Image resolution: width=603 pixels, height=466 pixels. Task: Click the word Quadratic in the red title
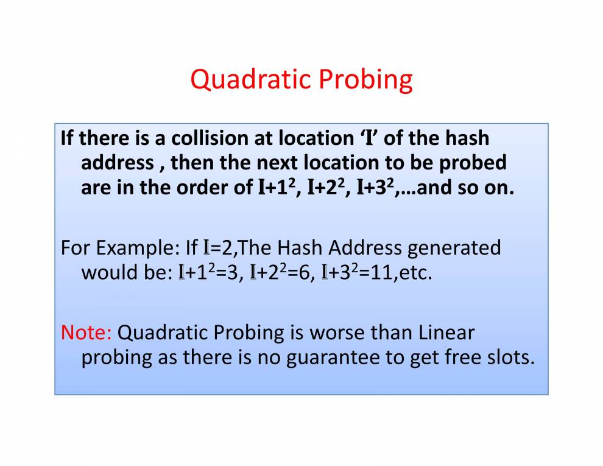pyautogui.click(x=250, y=80)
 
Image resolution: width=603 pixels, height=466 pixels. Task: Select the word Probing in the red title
pyautogui.click(x=365, y=80)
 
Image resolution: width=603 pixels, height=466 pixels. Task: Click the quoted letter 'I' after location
pyautogui.click(x=369, y=138)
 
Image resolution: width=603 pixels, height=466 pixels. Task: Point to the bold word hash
pyautogui.click(x=467, y=138)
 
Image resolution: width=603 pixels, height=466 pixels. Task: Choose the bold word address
pyautogui.click(x=118, y=163)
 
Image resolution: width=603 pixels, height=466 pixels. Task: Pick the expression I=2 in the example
pyautogui.click(x=218, y=248)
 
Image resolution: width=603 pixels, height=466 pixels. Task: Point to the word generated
pyautogui.click(x=454, y=248)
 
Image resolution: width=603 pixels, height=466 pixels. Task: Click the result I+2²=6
pyautogui.click(x=280, y=272)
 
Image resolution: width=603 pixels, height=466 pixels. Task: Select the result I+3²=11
pyautogui.click(x=356, y=272)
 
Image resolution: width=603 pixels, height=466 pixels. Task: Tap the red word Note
pyautogui.click(x=86, y=333)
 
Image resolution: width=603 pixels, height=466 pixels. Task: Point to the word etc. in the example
pyautogui.click(x=416, y=273)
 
